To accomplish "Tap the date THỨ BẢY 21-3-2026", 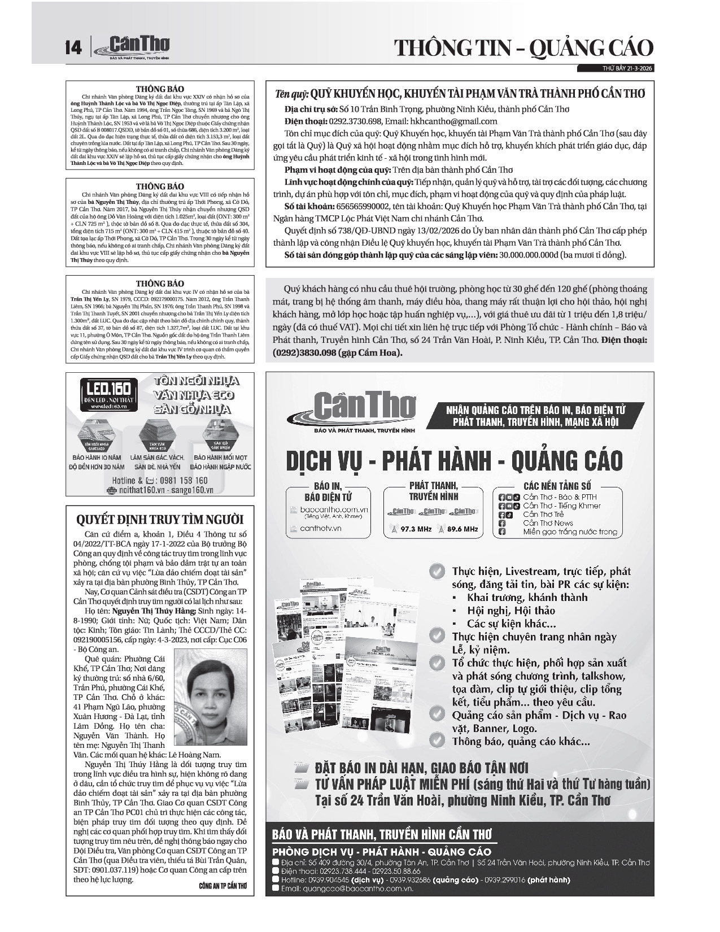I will (624, 69).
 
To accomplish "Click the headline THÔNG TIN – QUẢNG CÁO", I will (523, 47).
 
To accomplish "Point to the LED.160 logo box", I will (108, 392).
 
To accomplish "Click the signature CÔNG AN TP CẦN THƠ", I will (223, 885).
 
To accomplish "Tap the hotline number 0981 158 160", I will (184, 481).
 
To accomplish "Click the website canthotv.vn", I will (321, 528).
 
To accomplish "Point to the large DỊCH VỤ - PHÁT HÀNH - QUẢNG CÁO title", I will (454, 460).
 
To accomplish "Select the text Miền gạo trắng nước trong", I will (570, 532).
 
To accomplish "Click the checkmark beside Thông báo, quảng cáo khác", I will (437, 740).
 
